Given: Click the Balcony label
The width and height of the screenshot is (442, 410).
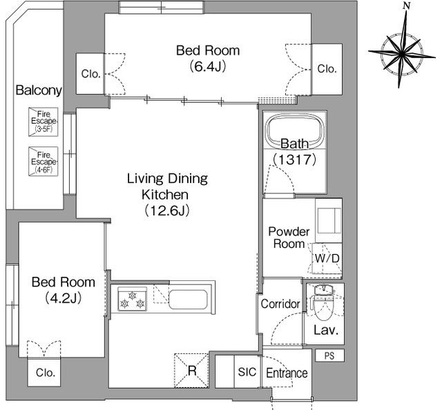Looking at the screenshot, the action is click(x=39, y=90).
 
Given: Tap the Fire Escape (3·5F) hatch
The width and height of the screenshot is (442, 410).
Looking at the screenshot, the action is click(x=43, y=122).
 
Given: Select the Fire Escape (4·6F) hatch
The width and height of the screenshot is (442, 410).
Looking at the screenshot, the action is click(x=43, y=162).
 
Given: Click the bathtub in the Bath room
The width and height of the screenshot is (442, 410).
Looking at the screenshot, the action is click(x=295, y=130).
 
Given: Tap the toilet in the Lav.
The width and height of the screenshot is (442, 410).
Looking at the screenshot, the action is click(x=324, y=303).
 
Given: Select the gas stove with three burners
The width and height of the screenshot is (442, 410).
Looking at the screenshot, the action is click(x=132, y=299).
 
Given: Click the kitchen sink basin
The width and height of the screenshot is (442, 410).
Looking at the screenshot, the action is click(x=188, y=300).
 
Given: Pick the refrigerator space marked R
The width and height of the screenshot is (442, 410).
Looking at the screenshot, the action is click(x=191, y=371).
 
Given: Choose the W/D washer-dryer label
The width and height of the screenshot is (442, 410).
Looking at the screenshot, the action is click(x=327, y=258).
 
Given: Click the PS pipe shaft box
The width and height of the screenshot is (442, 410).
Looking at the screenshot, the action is click(x=329, y=355).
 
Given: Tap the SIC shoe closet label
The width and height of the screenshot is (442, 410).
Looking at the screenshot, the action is click(x=247, y=372).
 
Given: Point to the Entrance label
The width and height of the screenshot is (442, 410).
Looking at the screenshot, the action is click(x=287, y=373).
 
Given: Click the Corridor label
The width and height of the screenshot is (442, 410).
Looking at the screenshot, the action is click(x=280, y=304).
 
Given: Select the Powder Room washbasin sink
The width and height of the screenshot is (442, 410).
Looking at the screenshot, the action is click(x=329, y=221).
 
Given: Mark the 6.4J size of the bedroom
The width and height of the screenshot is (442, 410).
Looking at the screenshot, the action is click(x=208, y=66).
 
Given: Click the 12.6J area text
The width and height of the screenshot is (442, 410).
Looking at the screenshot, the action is click(x=167, y=211).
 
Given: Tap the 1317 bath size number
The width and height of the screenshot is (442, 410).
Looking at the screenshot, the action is click(x=295, y=159).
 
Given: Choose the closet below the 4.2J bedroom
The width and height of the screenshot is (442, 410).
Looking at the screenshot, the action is click(x=44, y=373).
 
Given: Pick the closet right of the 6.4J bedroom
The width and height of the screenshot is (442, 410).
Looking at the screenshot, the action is click(x=327, y=69).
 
